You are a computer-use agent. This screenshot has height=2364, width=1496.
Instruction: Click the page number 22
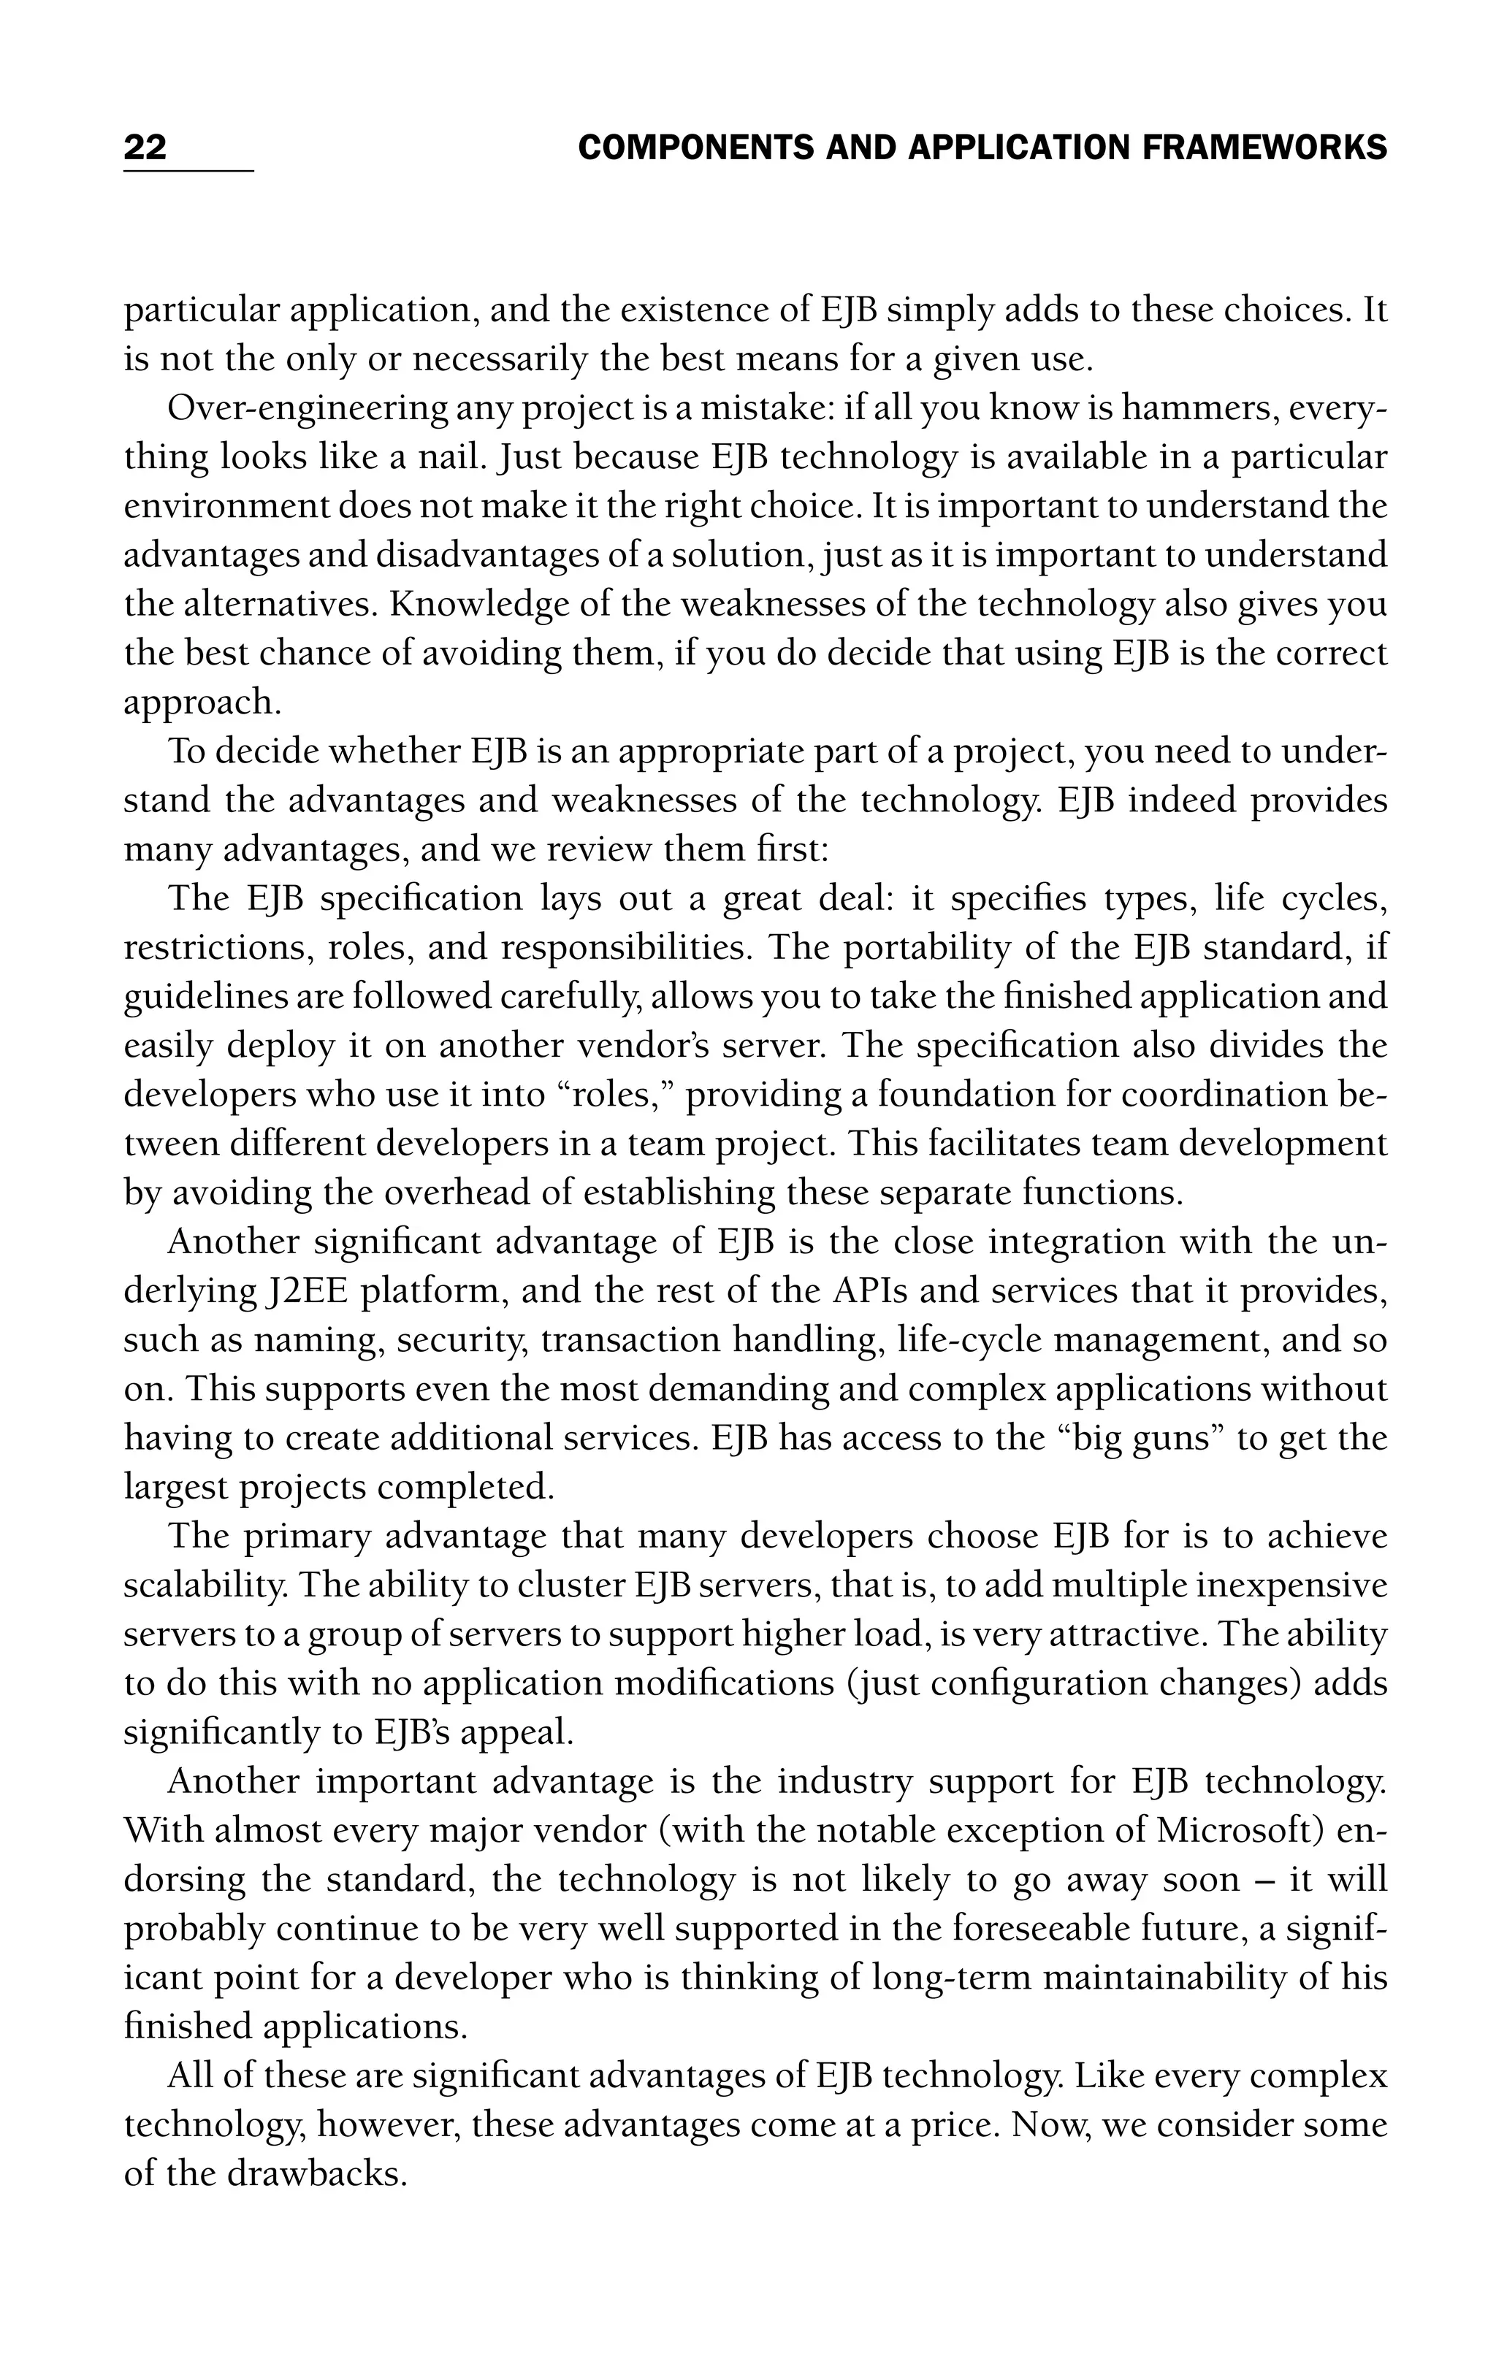click(145, 148)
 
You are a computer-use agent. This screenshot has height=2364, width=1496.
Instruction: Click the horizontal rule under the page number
click(188, 171)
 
